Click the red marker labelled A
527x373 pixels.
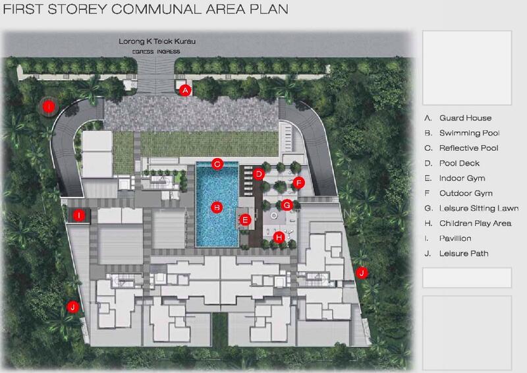coord(186,90)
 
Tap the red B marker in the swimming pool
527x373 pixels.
coord(215,207)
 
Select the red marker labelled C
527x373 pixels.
coord(217,163)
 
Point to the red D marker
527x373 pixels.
coord(259,174)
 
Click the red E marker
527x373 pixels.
coord(245,220)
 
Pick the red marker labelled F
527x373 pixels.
coord(298,182)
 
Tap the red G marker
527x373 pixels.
coord(287,205)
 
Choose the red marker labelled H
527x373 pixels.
coord(279,237)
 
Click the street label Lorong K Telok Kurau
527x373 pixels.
coord(157,42)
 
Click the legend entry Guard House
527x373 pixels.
coord(465,118)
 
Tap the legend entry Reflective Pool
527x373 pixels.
coord(469,148)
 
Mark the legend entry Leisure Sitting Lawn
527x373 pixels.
coord(479,208)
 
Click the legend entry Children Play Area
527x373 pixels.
coord(475,223)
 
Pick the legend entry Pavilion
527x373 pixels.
coord(455,239)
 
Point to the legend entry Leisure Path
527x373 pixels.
coord(464,254)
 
